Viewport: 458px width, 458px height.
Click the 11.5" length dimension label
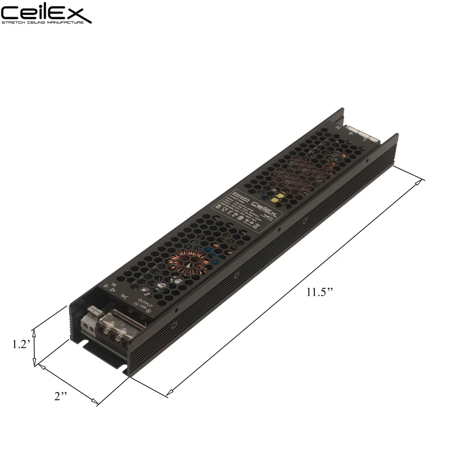pos(319,292)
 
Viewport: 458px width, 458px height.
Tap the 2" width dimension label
pos(60,397)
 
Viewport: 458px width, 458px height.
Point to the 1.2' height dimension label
pos(21,344)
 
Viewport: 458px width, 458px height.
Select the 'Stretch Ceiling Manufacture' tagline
pos(46,22)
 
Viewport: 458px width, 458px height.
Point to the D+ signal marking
pos(114,290)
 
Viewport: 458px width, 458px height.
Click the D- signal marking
pos(106,285)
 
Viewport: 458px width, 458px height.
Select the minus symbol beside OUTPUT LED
pos(136,304)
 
